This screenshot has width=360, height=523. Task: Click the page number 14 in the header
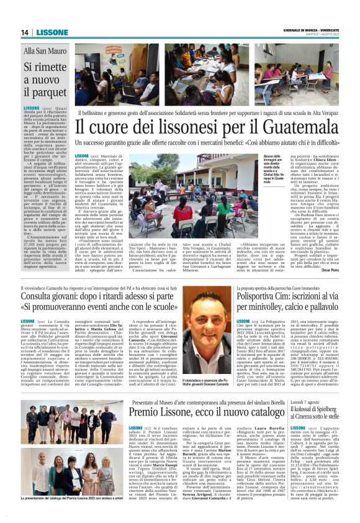(25, 32)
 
